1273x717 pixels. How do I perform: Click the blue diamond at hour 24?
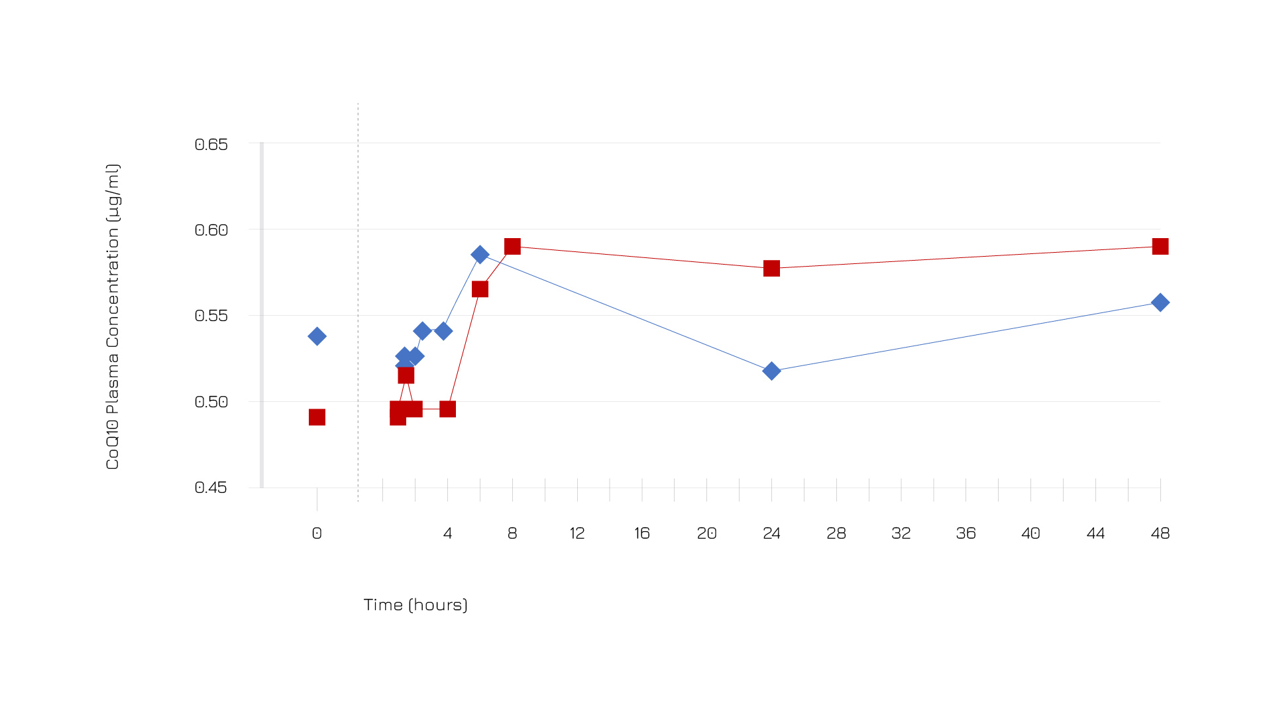(x=771, y=371)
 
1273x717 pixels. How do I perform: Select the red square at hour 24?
(x=771, y=268)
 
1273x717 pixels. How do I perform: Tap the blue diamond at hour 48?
(x=1160, y=302)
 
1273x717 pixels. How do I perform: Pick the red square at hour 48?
(x=1160, y=246)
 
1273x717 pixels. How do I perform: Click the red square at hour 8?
(x=512, y=246)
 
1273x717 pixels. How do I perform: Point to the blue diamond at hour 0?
(x=317, y=336)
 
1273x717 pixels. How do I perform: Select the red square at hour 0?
(x=317, y=417)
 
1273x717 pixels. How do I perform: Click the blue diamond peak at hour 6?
(x=480, y=254)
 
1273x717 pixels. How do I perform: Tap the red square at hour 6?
(x=480, y=289)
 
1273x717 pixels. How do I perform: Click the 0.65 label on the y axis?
(x=211, y=145)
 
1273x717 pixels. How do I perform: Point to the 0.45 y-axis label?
(x=211, y=488)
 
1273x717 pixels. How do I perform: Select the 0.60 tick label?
(x=211, y=230)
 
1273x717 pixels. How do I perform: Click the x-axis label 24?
(x=771, y=533)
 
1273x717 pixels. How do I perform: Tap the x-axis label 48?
(x=1160, y=533)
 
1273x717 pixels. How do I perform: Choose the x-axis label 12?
(x=577, y=533)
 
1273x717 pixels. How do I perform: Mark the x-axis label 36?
(x=966, y=533)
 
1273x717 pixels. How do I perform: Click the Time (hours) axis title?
(x=415, y=605)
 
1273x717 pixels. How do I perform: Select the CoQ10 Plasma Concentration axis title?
(x=113, y=316)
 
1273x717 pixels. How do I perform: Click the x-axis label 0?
(x=317, y=533)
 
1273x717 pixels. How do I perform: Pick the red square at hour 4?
(x=447, y=409)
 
